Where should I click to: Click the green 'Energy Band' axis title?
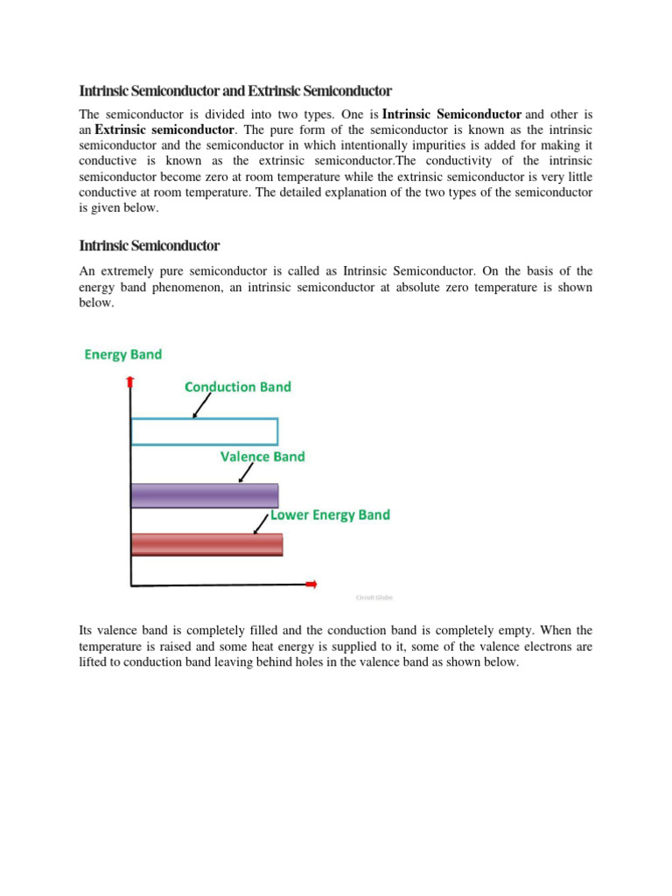tap(122, 354)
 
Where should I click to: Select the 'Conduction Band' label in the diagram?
tap(238, 387)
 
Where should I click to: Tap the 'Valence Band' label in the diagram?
tap(262, 456)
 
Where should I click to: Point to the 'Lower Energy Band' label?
tap(330, 514)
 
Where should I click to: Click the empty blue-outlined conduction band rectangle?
tap(204, 431)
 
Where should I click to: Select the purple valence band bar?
tap(204, 495)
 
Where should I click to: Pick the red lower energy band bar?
tap(206, 543)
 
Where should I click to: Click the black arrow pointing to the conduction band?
tap(201, 406)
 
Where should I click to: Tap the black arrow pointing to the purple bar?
tap(246, 473)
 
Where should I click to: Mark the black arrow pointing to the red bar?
tap(260, 524)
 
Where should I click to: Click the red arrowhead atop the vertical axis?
tap(130, 380)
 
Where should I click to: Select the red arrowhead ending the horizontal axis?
tap(311, 584)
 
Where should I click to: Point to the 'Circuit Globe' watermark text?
tap(374, 598)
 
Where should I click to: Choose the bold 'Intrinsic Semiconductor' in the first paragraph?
tap(451, 114)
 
